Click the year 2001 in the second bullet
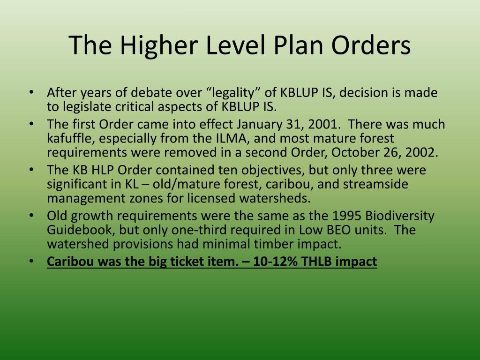pos(323,125)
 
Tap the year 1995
pos(347,216)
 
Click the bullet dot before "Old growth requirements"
pos(31,216)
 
